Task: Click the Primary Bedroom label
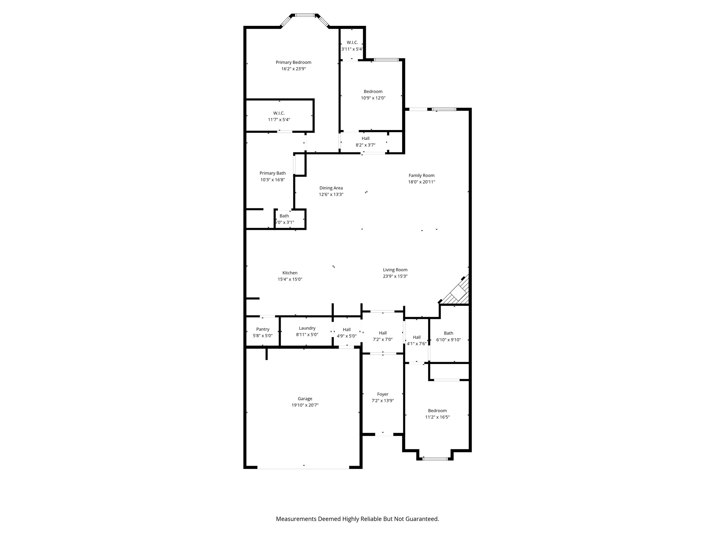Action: pyautogui.click(x=293, y=62)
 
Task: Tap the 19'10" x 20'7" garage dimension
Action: pyautogui.click(x=305, y=405)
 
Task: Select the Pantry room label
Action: pyautogui.click(x=263, y=329)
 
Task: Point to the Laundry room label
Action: pyautogui.click(x=307, y=328)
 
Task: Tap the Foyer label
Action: pyautogui.click(x=383, y=394)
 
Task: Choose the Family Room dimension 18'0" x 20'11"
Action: pyautogui.click(x=421, y=182)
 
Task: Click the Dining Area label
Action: pyautogui.click(x=331, y=188)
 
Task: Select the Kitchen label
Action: pyautogui.click(x=290, y=273)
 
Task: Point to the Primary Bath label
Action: pyautogui.click(x=272, y=173)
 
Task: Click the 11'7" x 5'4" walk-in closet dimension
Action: pyautogui.click(x=279, y=120)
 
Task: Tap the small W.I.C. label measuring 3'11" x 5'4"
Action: pyautogui.click(x=352, y=42)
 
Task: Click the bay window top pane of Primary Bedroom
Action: pyautogui.click(x=305, y=15)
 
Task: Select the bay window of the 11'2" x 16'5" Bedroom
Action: pyautogui.click(x=435, y=458)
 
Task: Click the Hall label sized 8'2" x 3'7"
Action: pyautogui.click(x=365, y=138)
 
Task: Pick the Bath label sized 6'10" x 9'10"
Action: pyautogui.click(x=448, y=333)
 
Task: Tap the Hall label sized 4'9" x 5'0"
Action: pyautogui.click(x=346, y=329)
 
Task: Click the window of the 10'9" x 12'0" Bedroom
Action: pyautogui.click(x=386, y=60)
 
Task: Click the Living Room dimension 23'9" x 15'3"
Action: pyautogui.click(x=395, y=276)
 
